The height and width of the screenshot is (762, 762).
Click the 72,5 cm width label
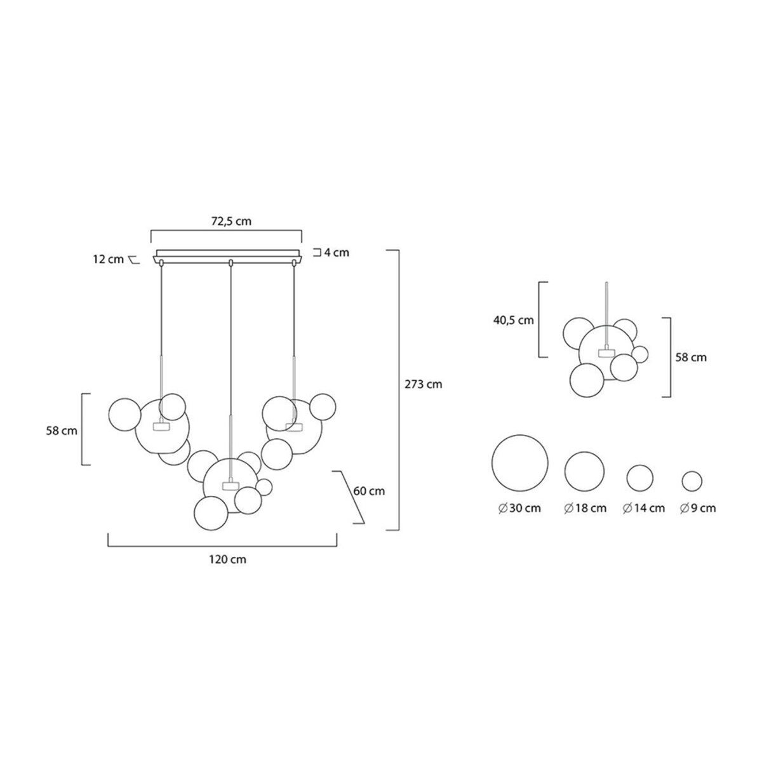click(231, 221)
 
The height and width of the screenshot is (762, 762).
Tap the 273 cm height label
click(423, 384)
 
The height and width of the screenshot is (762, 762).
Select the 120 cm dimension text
click(228, 559)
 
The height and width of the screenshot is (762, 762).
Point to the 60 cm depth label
click(369, 491)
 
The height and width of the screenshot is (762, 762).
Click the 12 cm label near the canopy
click(109, 260)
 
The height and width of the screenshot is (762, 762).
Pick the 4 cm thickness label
click(337, 252)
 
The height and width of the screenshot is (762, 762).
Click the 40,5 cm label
click(513, 320)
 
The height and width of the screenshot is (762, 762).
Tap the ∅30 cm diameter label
click(519, 508)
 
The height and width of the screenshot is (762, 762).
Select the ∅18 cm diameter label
click(585, 508)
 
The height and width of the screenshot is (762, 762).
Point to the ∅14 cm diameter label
click(644, 508)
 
